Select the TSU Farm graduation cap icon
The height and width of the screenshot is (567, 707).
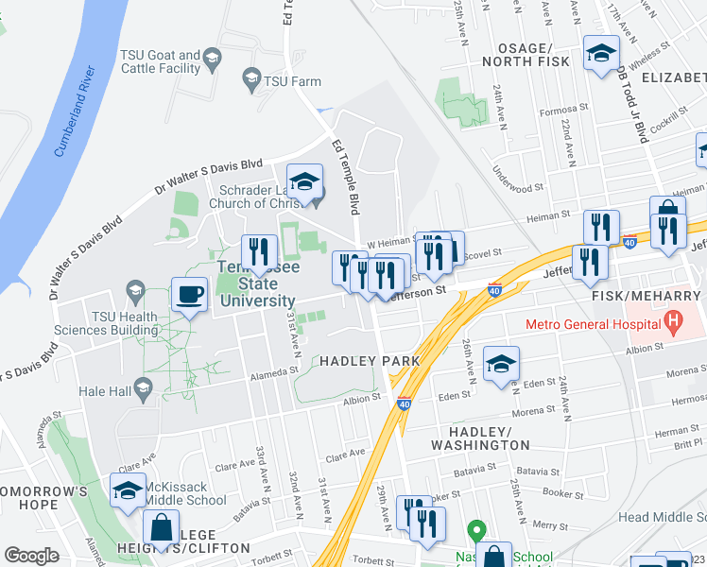point(251,81)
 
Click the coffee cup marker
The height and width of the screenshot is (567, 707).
point(189,294)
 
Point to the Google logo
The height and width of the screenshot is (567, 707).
point(32,556)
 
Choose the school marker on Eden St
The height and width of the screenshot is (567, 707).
point(500,365)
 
